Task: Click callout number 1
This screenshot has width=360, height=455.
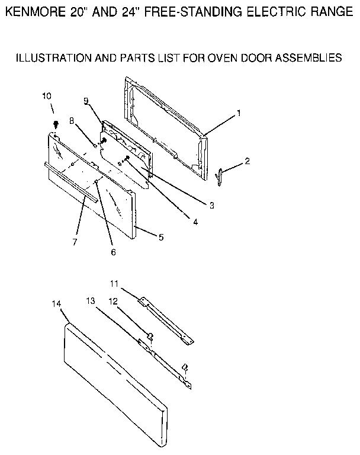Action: click(239, 113)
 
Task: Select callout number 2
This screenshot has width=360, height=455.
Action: click(247, 161)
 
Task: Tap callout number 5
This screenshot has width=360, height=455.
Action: click(160, 237)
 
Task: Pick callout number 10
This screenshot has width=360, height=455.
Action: click(47, 96)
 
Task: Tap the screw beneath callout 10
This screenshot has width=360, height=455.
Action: click(55, 124)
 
